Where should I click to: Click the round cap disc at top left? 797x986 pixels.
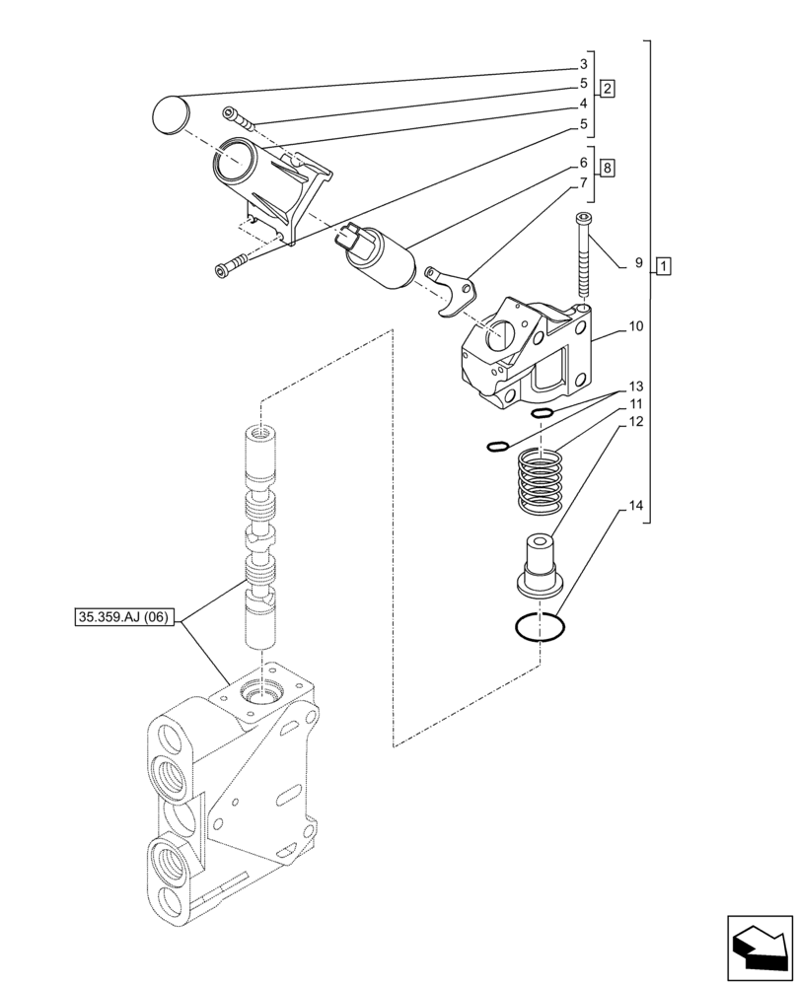(171, 112)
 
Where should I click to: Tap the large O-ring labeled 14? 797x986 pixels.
(539, 627)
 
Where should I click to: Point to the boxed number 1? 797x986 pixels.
(664, 265)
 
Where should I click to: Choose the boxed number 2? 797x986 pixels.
(608, 88)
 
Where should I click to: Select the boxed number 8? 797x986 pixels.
(608, 169)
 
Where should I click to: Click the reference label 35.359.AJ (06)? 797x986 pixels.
(124, 618)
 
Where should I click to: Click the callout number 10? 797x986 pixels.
(635, 325)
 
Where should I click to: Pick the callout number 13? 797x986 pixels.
(635, 386)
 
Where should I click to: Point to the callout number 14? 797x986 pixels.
(635, 507)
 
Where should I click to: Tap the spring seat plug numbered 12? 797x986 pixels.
(538, 565)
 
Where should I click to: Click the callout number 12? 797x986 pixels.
(635, 422)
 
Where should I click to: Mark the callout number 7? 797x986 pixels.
(584, 182)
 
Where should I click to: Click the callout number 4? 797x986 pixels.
(584, 103)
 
